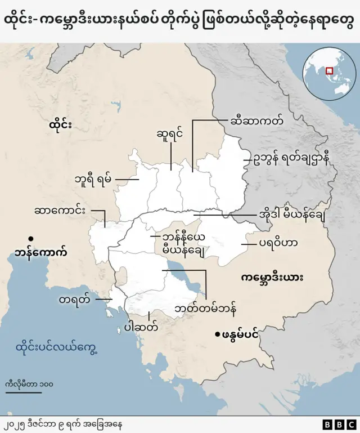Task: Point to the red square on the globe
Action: click(x=330, y=72)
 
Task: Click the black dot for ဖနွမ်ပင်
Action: click(x=217, y=335)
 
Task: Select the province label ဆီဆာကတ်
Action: click(x=256, y=120)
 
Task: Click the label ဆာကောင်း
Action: click(x=60, y=211)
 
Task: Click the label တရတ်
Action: click(x=74, y=300)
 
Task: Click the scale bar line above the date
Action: click(x=20, y=392)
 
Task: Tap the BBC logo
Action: click(x=339, y=423)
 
